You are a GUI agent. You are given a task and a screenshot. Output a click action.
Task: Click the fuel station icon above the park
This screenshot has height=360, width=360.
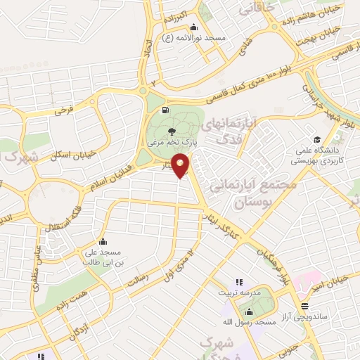point(165,110)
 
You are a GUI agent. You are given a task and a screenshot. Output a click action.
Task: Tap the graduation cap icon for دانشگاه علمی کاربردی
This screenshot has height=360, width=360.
point(317,139)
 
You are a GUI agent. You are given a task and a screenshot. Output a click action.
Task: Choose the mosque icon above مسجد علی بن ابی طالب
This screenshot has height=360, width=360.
point(103,241)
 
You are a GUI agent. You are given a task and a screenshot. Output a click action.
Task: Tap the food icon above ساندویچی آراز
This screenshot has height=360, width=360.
point(304,306)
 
